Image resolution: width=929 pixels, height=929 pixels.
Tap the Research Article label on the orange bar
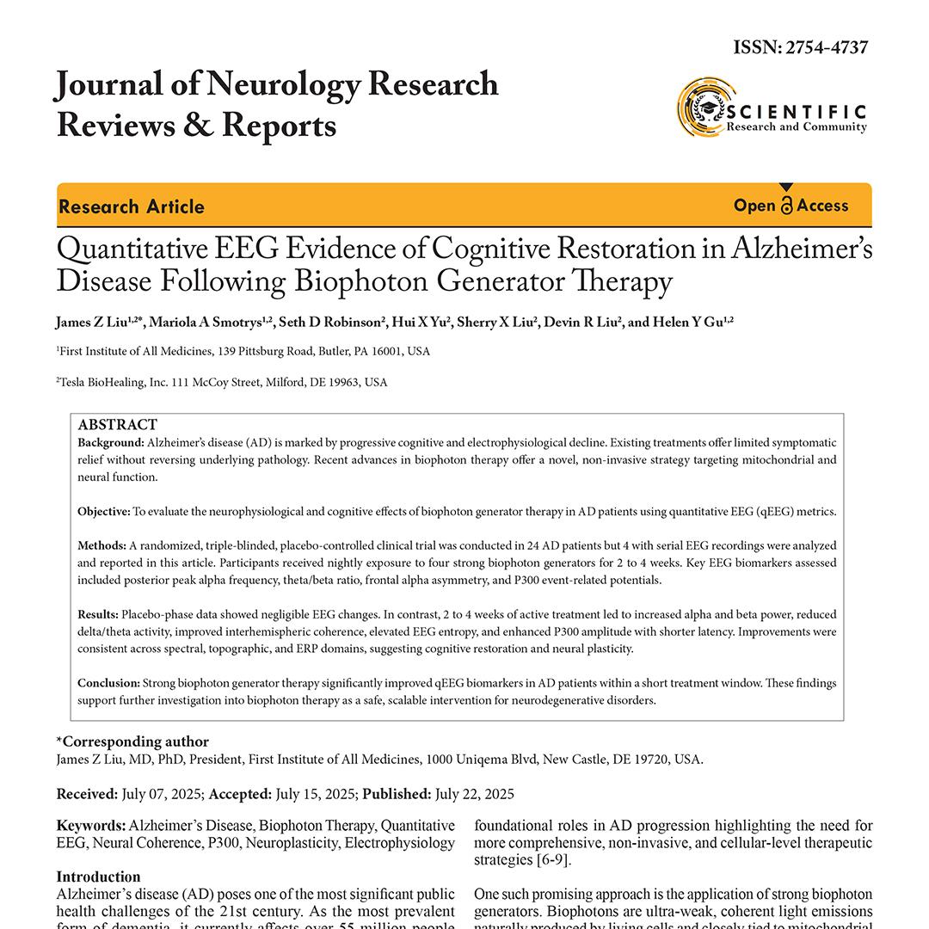click(x=132, y=206)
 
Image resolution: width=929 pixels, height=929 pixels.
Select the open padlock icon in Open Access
click(x=787, y=206)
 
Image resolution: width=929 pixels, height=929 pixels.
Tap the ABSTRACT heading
click(x=118, y=425)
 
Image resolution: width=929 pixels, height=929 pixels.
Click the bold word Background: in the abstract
click(x=111, y=443)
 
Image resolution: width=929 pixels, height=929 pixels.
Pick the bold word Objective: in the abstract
click(x=104, y=512)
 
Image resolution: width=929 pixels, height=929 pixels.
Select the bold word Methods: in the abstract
click(x=102, y=546)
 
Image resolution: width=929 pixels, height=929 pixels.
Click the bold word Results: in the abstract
click(x=98, y=615)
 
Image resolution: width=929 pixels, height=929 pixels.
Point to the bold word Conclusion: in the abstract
click(x=109, y=683)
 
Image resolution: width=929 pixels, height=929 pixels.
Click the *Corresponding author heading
click(x=132, y=741)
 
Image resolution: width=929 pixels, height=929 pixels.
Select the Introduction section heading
click(x=98, y=877)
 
